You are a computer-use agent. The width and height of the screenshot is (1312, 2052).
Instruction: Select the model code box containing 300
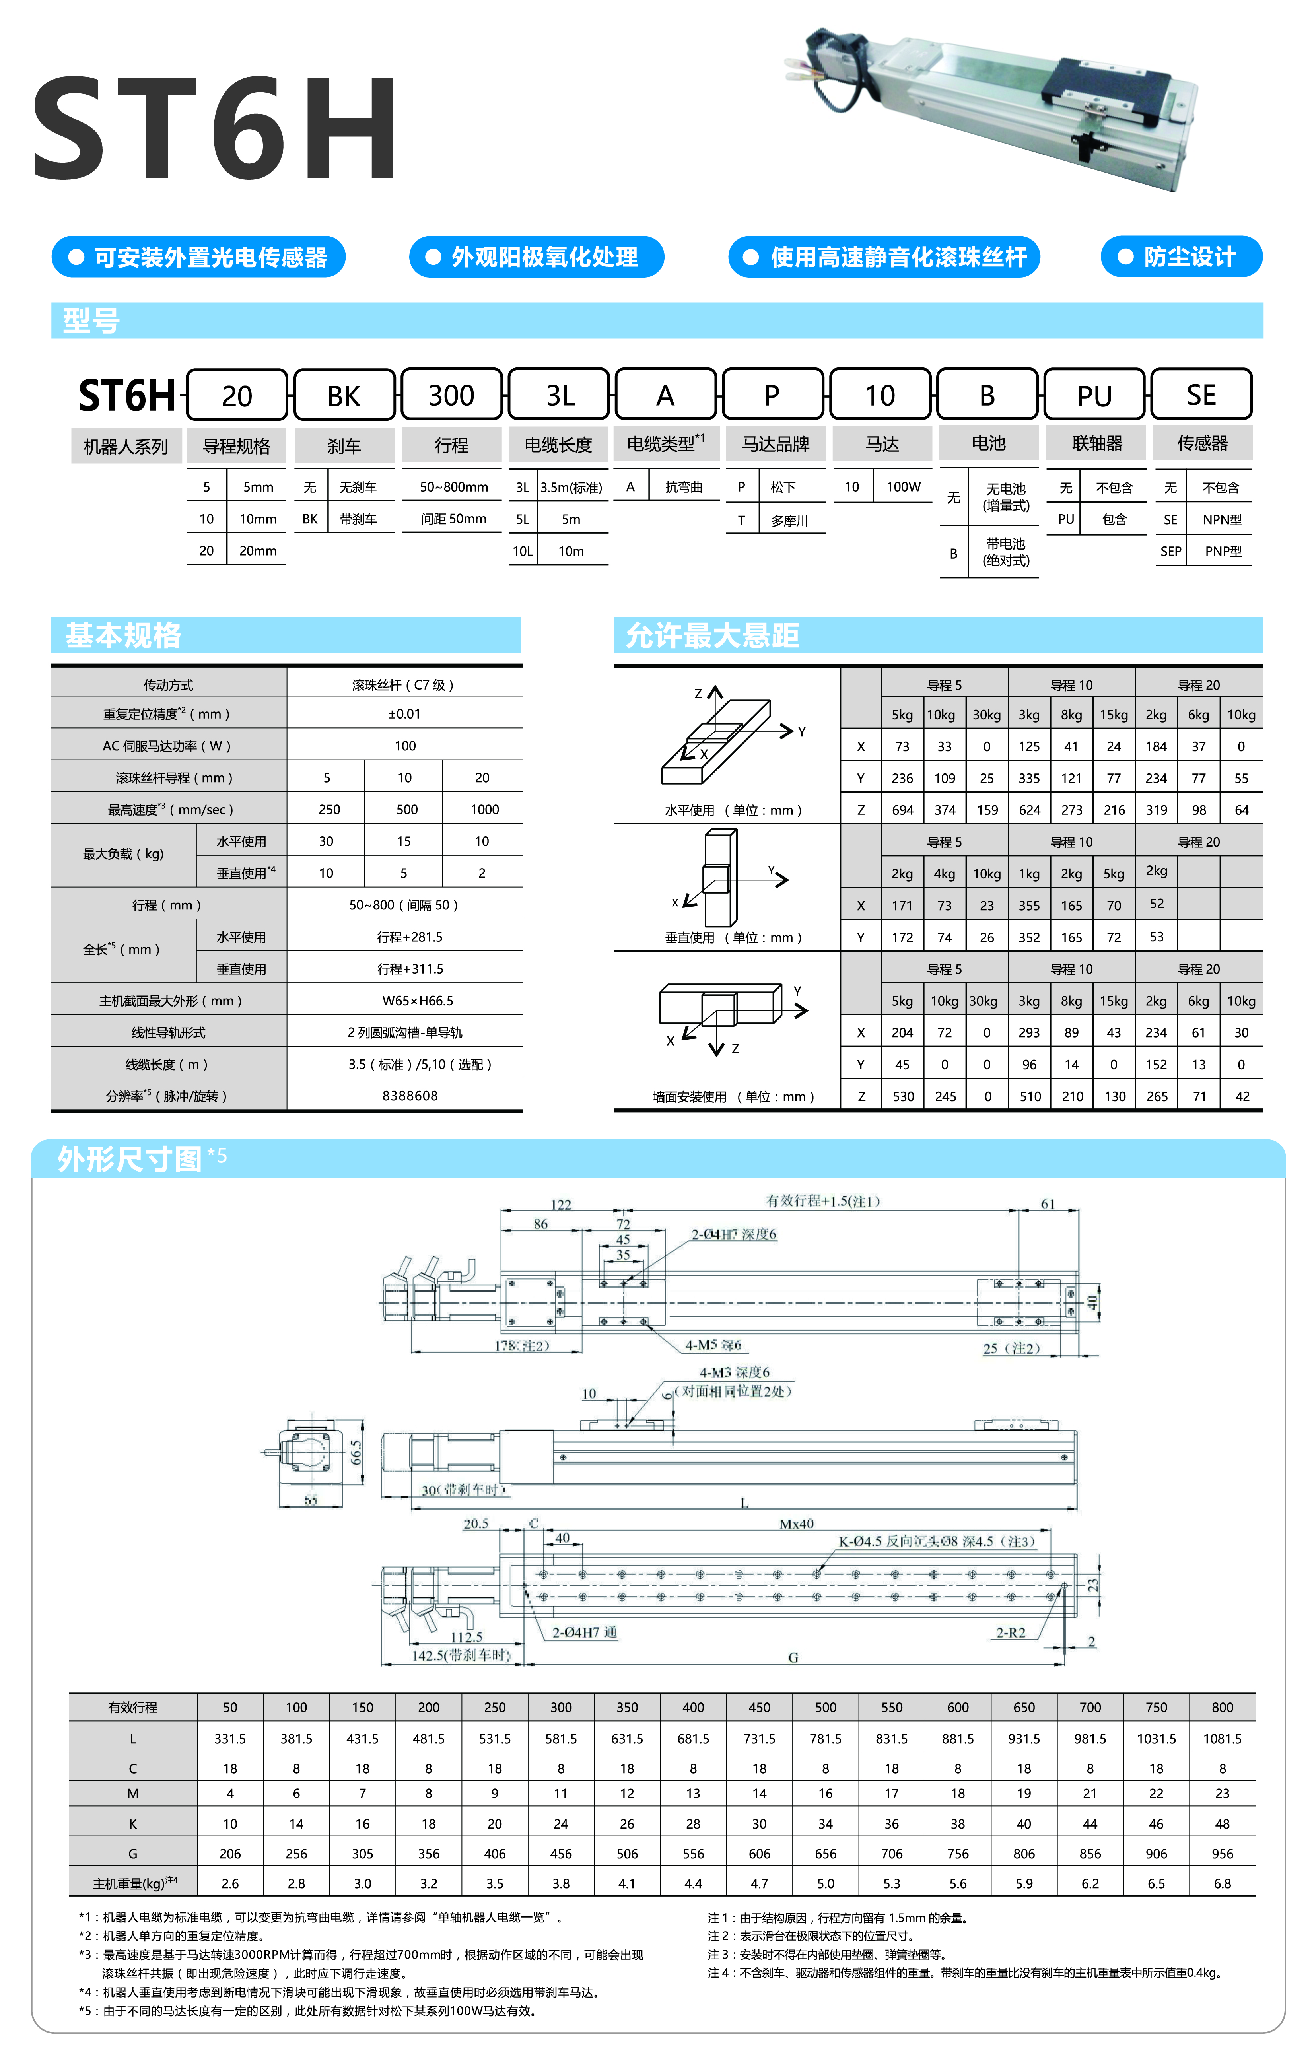[451, 394]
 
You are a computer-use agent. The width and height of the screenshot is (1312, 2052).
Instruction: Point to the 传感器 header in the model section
[1202, 443]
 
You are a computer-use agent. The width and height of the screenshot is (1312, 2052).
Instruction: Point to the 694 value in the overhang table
[902, 810]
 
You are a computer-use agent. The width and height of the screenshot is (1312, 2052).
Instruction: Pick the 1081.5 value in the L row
[1222, 1738]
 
